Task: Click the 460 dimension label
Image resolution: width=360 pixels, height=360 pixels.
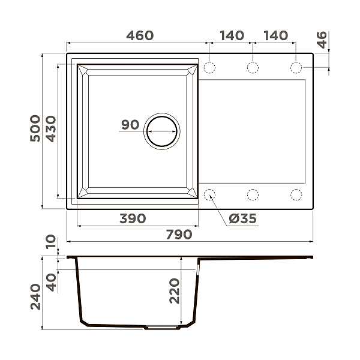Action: [x=140, y=35]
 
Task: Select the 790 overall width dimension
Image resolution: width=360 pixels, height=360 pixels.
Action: [x=179, y=234]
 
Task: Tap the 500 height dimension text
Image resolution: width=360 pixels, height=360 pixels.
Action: [x=35, y=128]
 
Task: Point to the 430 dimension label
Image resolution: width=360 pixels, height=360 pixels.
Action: [x=51, y=128]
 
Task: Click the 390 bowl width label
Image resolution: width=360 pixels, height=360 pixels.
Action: [x=133, y=218]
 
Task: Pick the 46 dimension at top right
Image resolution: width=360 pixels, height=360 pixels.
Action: [x=322, y=40]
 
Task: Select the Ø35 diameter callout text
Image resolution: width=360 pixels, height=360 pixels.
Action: [x=243, y=218]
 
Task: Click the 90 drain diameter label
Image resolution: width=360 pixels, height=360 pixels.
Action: [x=130, y=125]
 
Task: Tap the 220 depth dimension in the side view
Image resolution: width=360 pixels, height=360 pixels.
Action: [x=175, y=290]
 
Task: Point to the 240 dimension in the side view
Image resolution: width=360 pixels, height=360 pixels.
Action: [x=35, y=297]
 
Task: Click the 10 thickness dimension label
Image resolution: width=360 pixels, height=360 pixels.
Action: [x=51, y=242]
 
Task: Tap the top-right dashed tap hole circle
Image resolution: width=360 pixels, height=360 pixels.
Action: [x=296, y=67]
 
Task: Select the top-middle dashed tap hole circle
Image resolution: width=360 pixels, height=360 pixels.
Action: [x=253, y=67]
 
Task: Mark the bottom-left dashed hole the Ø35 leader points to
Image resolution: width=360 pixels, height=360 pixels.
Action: [x=210, y=194]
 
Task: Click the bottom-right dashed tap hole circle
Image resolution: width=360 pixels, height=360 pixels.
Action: [x=296, y=194]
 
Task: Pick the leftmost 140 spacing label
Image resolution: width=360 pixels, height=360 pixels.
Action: [x=232, y=35]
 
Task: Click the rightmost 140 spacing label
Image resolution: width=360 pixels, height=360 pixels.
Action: [x=275, y=35]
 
